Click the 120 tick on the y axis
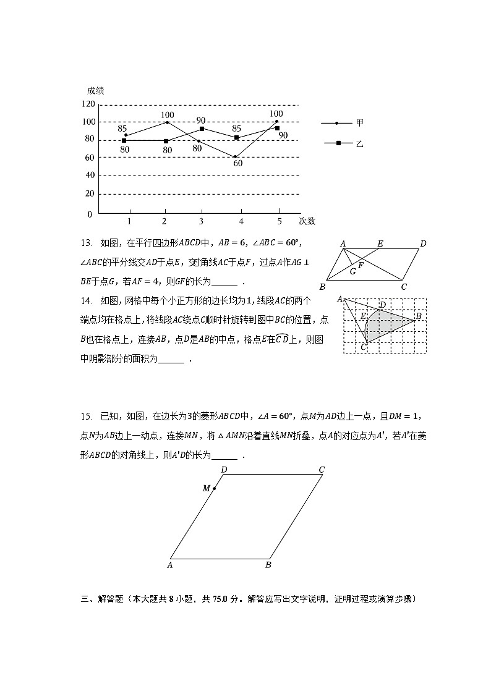coord(87,104)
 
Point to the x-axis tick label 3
coord(201,221)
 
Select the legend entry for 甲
coord(359,123)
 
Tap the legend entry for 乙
coord(359,143)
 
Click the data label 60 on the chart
coord(237,164)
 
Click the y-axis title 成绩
coord(95,90)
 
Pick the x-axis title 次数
coord(307,221)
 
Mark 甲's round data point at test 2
coord(167,122)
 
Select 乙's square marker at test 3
coord(202,129)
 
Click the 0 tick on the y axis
coord(90,214)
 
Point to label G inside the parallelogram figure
coord(353,271)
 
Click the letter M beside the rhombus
coord(207,488)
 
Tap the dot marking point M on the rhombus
coord(214,489)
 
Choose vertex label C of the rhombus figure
coord(322,470)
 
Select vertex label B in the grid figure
coord(418,316)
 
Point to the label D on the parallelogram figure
coord(423,243)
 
